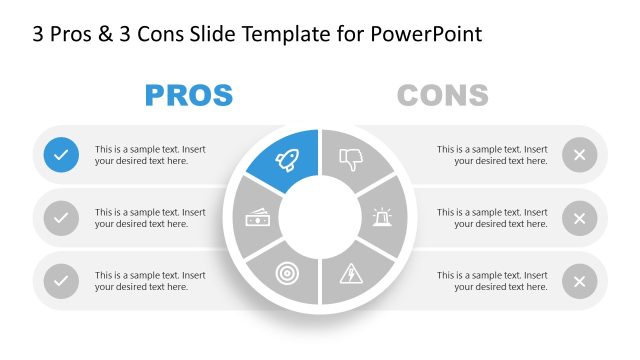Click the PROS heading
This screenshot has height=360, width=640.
(189, 95)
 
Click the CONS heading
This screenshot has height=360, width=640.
(442, 95)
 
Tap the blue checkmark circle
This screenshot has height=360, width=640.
(61, 154)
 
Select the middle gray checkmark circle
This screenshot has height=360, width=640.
(61, 218)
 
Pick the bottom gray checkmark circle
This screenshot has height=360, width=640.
(61, 281)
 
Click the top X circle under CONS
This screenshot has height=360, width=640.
(579, 154)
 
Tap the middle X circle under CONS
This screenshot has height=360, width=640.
(579, 218)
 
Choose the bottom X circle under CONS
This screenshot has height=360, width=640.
(579, 281)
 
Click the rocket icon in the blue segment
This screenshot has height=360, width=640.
(286, 158)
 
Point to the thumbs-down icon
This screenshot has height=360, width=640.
(351, 158)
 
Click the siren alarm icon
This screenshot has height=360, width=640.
(382, 217)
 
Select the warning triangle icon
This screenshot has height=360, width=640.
(352, 272)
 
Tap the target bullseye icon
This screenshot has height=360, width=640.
(285, 273)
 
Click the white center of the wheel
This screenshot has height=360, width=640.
(319, 217)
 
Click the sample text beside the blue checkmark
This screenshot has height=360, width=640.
(150, 154)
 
